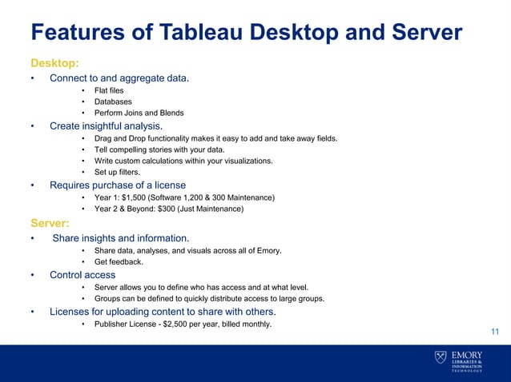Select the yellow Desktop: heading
point(55,62)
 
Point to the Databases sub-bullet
point(113,102)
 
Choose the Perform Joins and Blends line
point(139,113)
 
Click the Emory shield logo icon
point(441,357)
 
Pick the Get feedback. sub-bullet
point(119,262)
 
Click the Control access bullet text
point(82,275)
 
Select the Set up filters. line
point(117,173)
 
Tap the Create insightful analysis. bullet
point(106,126)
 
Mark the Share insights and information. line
point(121,238)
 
